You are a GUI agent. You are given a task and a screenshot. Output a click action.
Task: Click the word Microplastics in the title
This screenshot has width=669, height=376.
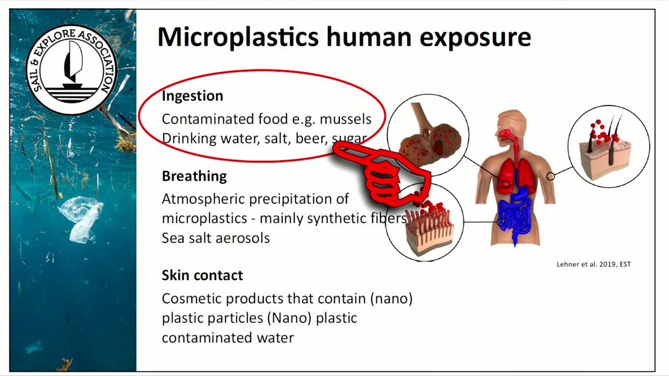(x=238, y=37)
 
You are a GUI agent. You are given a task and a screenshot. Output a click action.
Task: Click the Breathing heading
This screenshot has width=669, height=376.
(x=194, y=177)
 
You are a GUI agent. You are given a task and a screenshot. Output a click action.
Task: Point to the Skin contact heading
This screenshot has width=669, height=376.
(x=202, y=275)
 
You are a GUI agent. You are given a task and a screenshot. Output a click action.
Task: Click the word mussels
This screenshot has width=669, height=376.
(x=345, y=119)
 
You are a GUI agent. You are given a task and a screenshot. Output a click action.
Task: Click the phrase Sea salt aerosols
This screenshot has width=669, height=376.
(x=216, y=238)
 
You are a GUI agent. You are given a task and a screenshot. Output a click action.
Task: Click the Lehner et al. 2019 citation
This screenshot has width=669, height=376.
(x=594, y=264)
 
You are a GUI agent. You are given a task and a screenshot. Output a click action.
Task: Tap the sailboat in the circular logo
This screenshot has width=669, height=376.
(x=73, y=66)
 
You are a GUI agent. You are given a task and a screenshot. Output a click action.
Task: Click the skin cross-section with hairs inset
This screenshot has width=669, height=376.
(x=609, y=147)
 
